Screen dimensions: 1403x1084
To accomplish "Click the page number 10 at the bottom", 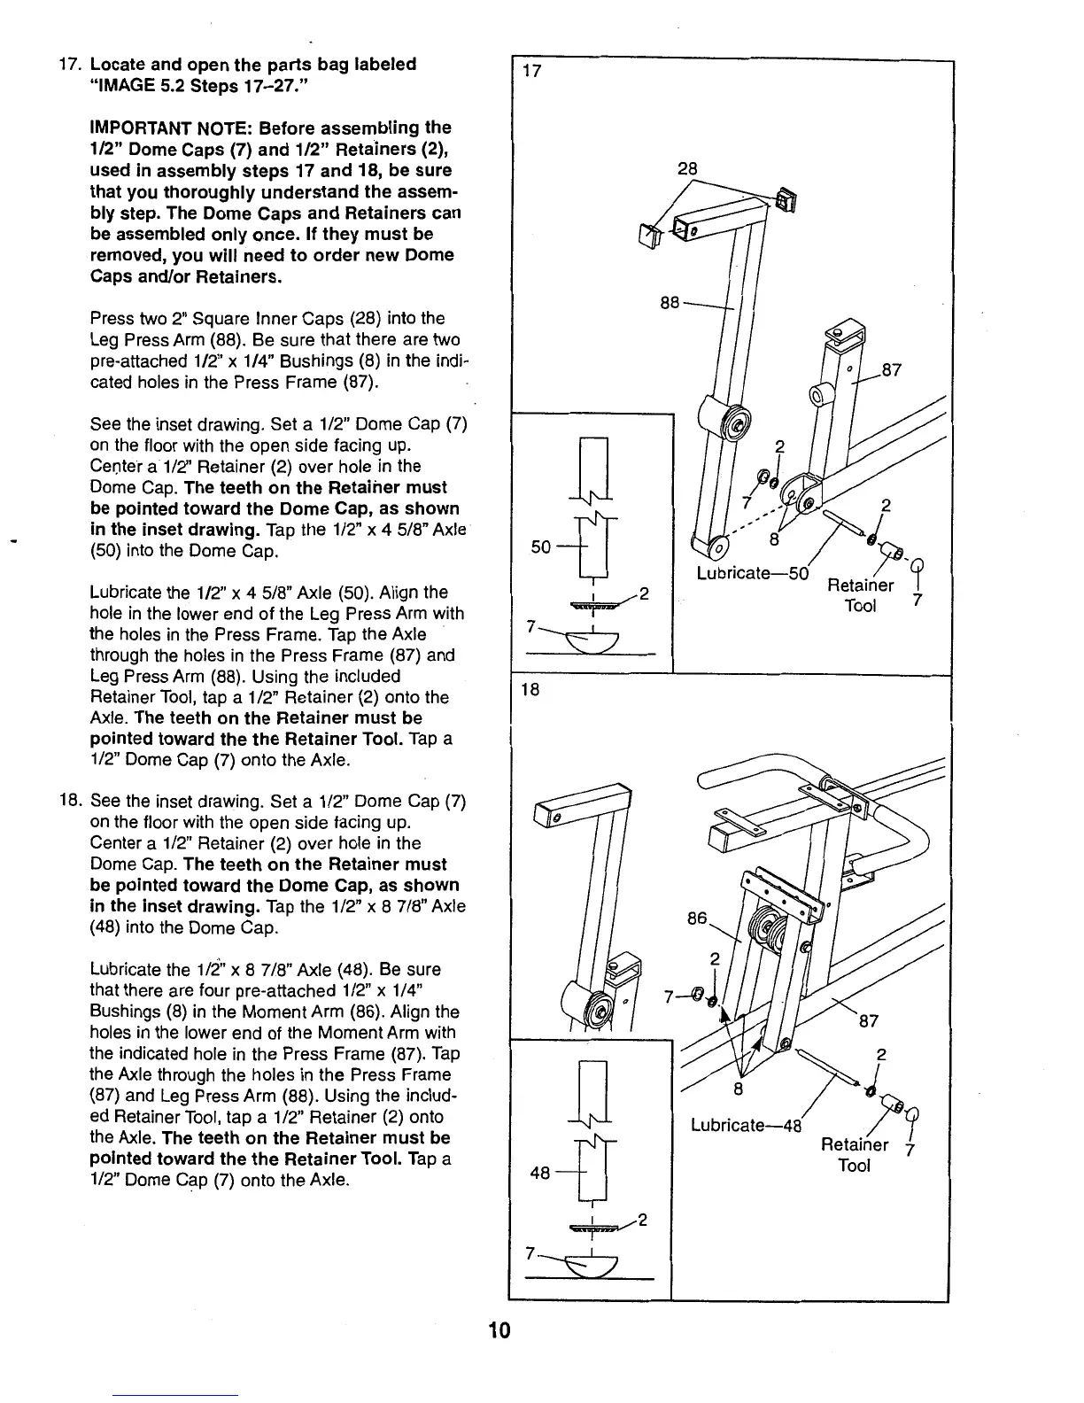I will (499, 1331).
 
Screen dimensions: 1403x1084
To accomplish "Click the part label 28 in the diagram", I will (687, 168).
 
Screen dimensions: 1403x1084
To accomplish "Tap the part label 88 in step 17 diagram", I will (670, 303).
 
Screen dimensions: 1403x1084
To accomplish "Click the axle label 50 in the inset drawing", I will (541, 546).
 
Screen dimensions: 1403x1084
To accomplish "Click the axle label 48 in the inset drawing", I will (540, 1173).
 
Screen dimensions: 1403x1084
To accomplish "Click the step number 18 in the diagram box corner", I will (530, 688).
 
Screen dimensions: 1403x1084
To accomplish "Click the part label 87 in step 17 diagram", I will (891, 369).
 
